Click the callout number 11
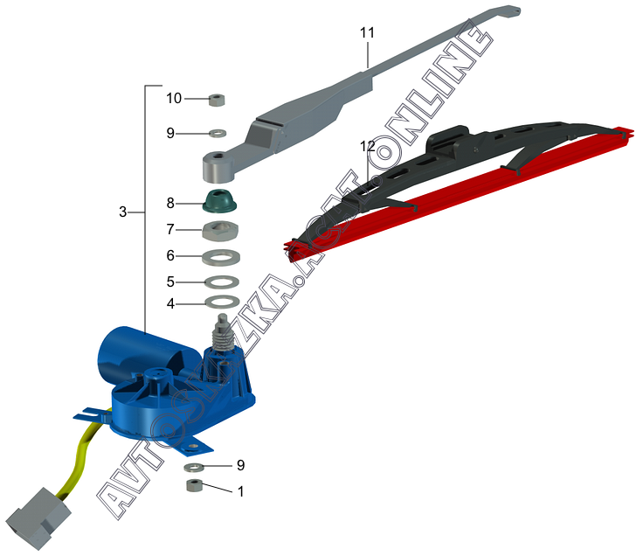pos(367,32)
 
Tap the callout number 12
pos(368,146)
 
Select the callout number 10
pos(174,98)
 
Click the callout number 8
pos(170,203)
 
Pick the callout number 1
pos(240,491)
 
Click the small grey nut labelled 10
pos(218,99)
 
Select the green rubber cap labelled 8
pos(222,200)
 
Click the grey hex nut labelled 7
pos(222,231)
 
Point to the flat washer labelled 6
pos(222,257)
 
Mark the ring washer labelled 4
pos(222,302)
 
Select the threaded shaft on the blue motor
pos(222,330)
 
